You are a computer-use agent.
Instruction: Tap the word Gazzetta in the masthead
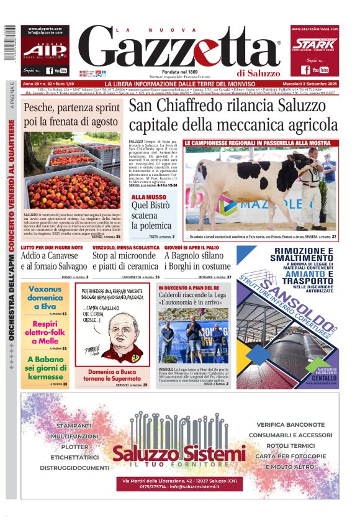coord(180,48)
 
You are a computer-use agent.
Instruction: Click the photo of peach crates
coord(71,171)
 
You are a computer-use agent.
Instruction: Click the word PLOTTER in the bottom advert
coord(74,447)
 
